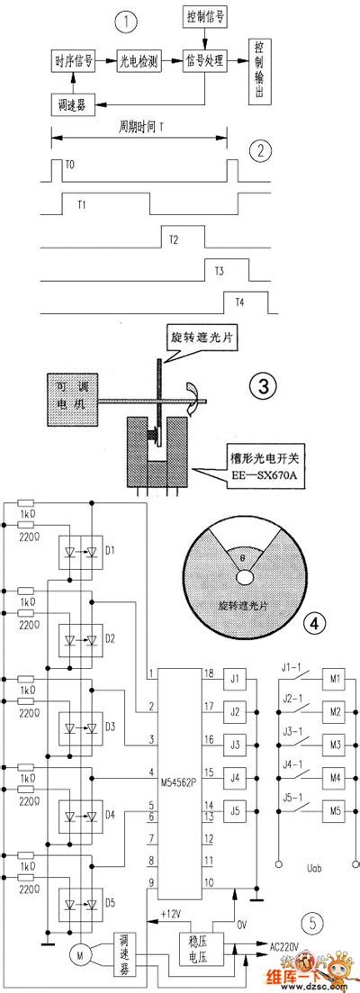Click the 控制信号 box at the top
206,17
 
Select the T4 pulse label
239,302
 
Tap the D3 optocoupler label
110,725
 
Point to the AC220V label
289,946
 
